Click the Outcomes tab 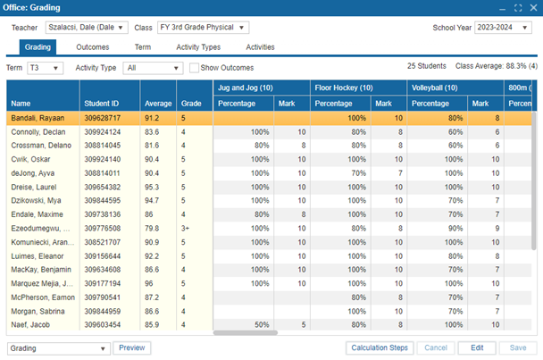pos(93,47)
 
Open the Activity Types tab pos(198,47)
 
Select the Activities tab pos(260,47)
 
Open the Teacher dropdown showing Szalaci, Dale pos(87,28)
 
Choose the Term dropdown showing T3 pos(45,68)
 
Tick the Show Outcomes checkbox pos(194,68)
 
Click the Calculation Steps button pos(380,347)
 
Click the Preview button pos(130,347)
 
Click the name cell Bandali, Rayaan pos(38,118)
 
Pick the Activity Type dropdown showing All pos(153,68)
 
